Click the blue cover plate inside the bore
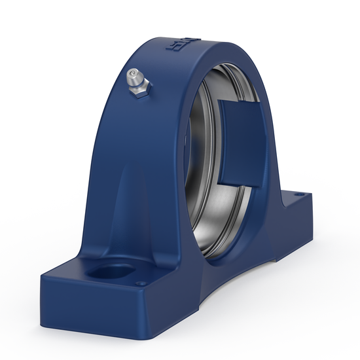240,141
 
